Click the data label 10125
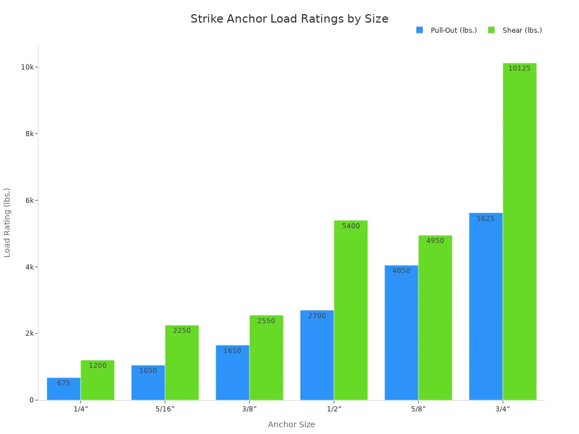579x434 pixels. coord(519,68)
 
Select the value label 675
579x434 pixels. coord(64,383)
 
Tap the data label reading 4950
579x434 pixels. coord(435,241)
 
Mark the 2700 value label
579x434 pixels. coord(317,316)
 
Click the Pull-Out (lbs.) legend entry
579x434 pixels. coord(453,31)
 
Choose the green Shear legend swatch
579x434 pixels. coord(491,31)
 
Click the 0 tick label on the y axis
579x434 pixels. coord(32,400)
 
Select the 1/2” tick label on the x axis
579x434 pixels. coord(334,409)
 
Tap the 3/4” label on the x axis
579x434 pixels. coord(502,409)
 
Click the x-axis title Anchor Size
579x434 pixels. coord(291,424)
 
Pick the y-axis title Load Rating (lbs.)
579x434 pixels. coord(7,223)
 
